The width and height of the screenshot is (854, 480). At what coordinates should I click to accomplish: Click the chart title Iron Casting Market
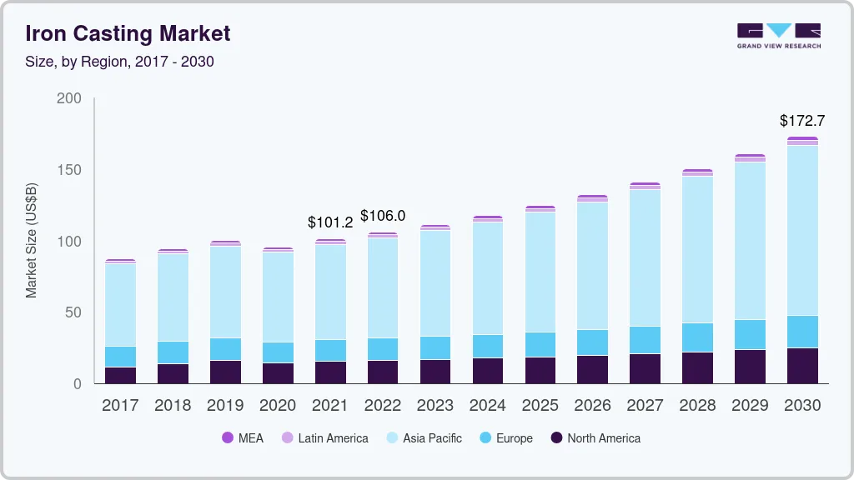128,33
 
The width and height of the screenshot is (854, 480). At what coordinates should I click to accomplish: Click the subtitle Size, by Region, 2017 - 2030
119,62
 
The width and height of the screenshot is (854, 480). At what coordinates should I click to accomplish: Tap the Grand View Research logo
778,35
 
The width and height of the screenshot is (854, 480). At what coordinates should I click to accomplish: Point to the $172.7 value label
802,121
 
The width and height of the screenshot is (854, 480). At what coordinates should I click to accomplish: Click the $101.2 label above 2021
330,222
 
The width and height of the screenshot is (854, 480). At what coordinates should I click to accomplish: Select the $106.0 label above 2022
383,216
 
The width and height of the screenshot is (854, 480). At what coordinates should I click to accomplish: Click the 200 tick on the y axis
69,98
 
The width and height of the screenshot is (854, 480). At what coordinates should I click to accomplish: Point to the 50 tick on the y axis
73,312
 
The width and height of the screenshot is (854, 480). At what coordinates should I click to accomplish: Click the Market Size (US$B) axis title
32,241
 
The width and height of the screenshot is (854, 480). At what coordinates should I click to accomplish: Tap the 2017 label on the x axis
120,406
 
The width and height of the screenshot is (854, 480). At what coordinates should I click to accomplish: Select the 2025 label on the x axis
540,406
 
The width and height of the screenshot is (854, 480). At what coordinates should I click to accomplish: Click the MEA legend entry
243,437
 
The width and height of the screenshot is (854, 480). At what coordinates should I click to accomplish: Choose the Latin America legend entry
324,437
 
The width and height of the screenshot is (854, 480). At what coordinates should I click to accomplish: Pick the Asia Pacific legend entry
423,437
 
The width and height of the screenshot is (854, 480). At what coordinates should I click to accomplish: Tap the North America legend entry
595,437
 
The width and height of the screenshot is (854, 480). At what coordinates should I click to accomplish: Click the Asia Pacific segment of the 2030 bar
802,230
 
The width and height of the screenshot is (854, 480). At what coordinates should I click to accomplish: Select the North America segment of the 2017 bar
120,375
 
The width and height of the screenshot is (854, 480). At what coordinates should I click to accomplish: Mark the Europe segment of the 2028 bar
697,337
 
